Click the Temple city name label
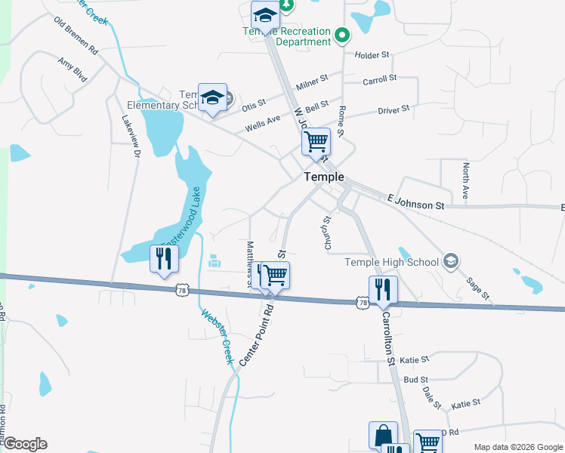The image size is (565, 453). point(324,177)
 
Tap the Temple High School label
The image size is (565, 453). point(391,262)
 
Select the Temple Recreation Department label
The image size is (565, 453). point(286,36)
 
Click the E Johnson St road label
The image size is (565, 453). point(415,202)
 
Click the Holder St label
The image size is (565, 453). point(372,54)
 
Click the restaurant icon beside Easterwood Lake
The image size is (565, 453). point(164,258)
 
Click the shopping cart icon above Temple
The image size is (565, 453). point(316,141)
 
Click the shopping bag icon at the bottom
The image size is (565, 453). point(383,435)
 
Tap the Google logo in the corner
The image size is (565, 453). point(25,444)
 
